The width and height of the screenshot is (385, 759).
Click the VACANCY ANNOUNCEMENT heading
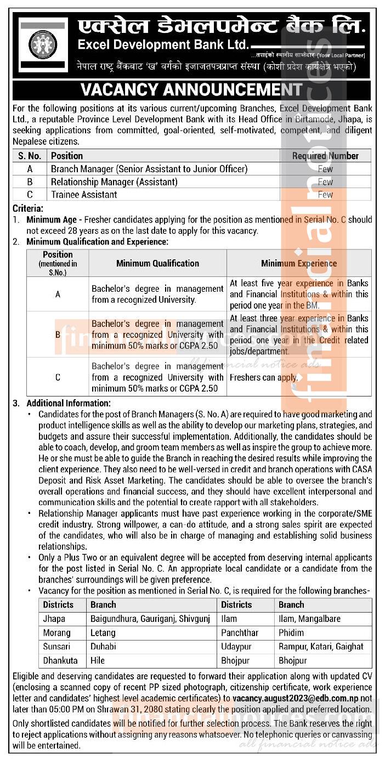(x=191, y=89)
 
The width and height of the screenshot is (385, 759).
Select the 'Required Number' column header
(x=325, y=156)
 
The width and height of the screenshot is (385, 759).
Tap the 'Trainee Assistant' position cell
(x=84, y=195)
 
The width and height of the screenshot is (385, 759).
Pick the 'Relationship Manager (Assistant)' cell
(x=114, y=182)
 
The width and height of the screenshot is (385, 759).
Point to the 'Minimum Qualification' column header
(x=157, y=263)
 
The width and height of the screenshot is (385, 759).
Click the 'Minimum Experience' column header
(x=299, y=263)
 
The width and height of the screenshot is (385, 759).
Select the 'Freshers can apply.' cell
(x=264, y=377)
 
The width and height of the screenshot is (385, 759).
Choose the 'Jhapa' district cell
(x=54, y=619)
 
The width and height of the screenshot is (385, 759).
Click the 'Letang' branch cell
(x=103, y=633)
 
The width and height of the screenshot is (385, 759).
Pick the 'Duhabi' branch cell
(x=103, y=647)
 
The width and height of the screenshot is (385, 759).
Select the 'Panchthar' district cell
(x=240, y=633)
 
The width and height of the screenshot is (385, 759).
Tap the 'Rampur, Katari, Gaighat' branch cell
(x=321, y=647)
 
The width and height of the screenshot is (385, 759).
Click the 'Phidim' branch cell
(x=291, y=633)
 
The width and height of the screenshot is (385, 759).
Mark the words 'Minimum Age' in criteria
(x=52, y=219)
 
